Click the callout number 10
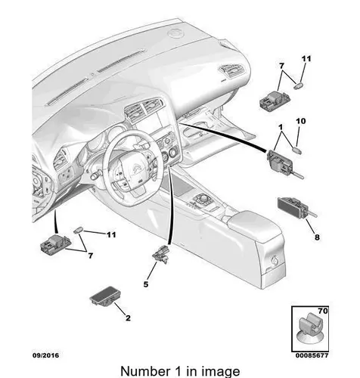tap(300, 121)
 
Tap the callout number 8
tap(317, 237)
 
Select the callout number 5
tap(146, 284)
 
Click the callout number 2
tap(128, 318)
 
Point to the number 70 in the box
tap(323, 311)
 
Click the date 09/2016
tap(45, 355)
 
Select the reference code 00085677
tap(312, 355)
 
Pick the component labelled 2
tap(105, 296)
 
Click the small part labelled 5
tap(160, 255)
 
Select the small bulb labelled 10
tap(298, 150)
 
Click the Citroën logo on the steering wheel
tap(135, 168)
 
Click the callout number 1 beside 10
tap(281, 128)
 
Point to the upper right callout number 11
tap(306, 59)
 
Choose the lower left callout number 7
tap(90, 256)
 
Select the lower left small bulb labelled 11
tap(78, 230)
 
